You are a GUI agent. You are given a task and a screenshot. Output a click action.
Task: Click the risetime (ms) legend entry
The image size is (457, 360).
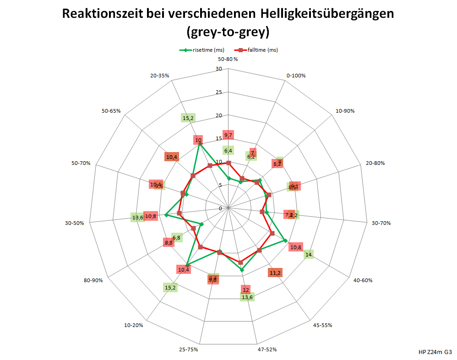(201, 50)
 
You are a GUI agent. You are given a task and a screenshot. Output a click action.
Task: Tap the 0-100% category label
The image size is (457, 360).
(295, 75)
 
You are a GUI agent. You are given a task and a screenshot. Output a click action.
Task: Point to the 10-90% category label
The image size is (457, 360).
(345, 111)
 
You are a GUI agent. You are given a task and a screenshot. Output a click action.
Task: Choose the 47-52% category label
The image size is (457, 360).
(267, 349)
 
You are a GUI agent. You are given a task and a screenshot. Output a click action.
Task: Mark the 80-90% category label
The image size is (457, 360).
(93, 280)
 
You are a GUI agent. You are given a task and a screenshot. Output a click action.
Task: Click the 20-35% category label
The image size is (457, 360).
(160, 75)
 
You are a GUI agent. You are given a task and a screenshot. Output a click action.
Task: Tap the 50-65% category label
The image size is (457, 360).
(111, 111)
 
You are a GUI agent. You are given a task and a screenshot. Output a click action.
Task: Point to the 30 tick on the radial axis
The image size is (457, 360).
(218, 69)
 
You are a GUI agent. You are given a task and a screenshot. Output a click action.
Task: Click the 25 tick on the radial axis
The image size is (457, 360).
(218, 92)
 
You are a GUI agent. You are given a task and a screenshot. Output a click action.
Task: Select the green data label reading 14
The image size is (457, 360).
(309, 255)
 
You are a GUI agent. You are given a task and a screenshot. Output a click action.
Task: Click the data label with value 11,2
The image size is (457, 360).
(275, 273)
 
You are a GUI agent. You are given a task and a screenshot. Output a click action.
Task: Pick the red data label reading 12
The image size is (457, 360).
(246, 290)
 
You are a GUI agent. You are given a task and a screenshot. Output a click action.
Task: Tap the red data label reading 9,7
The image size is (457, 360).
(228, 135)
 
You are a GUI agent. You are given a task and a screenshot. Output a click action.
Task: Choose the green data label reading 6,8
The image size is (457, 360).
(176, 237)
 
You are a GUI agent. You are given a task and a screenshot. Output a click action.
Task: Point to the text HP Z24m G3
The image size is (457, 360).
(435, 352)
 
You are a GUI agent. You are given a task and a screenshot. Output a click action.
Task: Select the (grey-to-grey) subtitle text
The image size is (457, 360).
(228, 32)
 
